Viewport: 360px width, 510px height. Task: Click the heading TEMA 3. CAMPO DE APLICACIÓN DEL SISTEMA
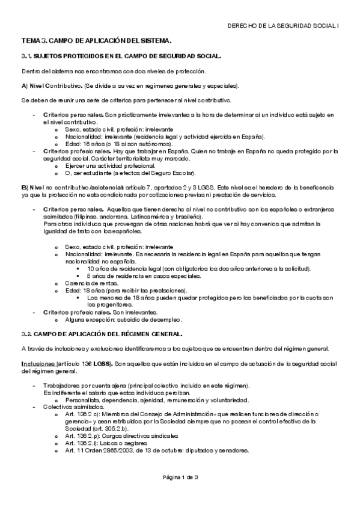tap(97, 41)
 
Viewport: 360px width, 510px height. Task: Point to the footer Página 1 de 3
tap(180, 478)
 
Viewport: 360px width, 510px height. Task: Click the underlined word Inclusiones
tap(38, 363)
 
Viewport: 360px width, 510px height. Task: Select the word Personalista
tap(84, 400)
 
